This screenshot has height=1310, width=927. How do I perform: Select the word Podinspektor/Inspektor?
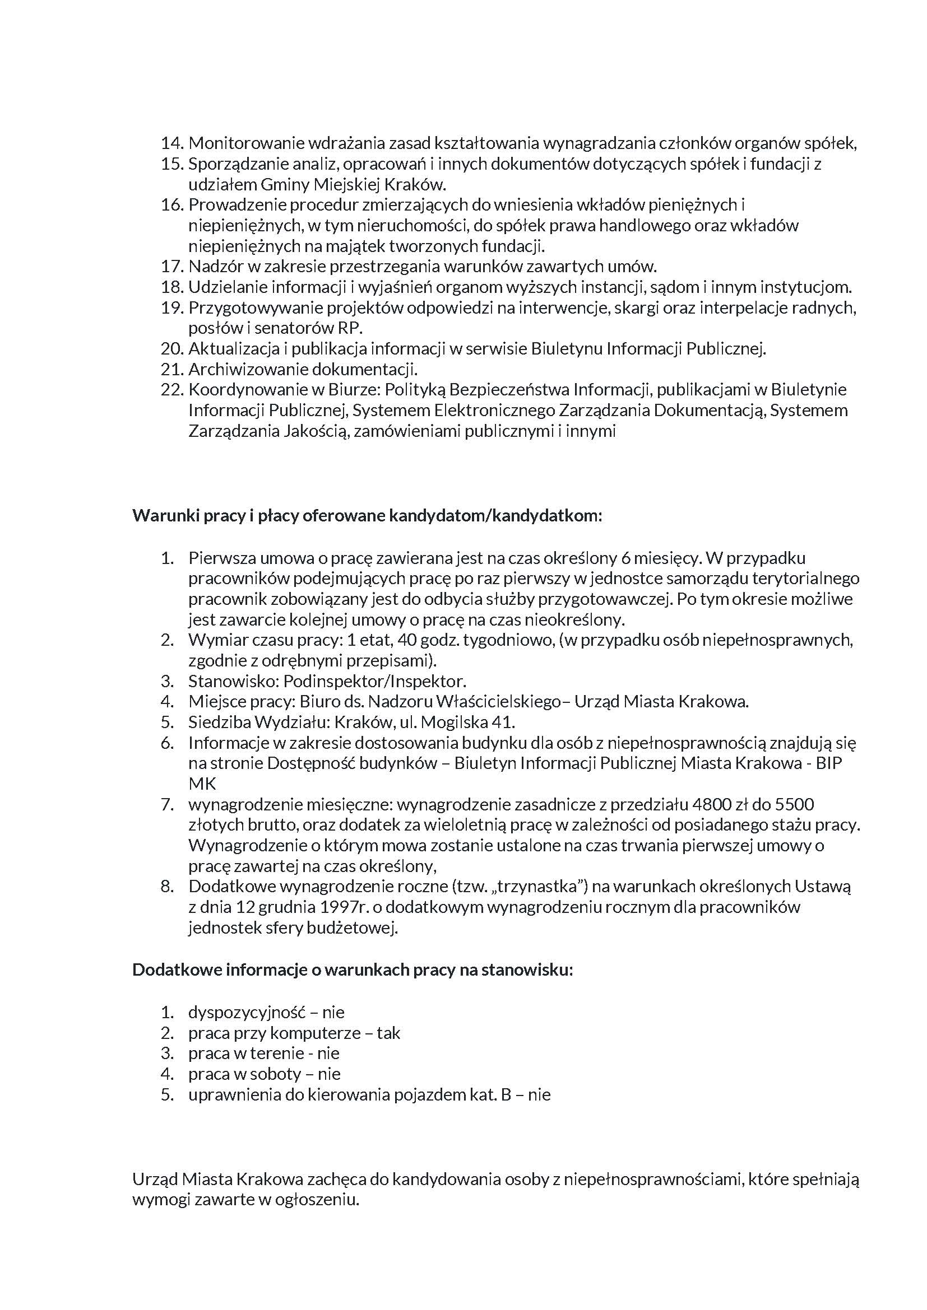coord(375,681)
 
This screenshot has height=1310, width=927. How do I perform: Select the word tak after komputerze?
coord(388,1033)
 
